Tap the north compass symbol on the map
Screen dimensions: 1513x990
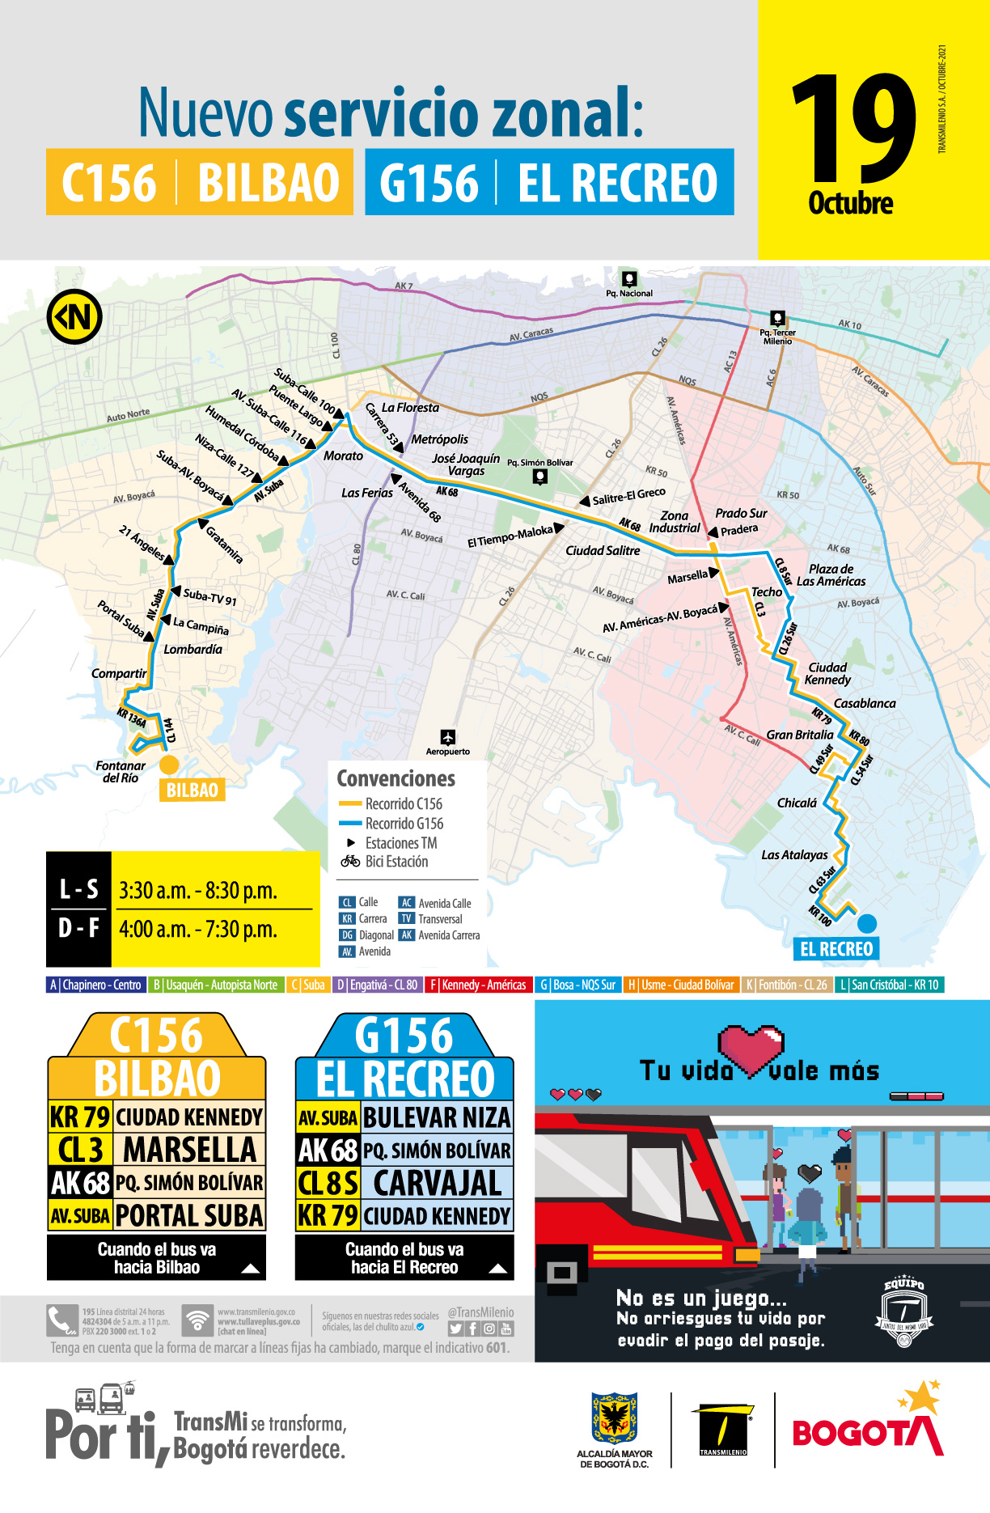coord(74,316)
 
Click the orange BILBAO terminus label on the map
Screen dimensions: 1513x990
coord(192,790)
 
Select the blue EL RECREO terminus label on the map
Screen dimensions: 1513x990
coord(836,949)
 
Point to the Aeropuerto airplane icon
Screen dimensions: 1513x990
coord(448,737)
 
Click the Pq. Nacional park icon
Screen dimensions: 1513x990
coord(628,278)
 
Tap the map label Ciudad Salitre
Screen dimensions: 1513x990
coord(603,551)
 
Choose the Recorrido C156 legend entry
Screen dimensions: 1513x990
coord(391,804)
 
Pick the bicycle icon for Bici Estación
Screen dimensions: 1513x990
coord(350,862)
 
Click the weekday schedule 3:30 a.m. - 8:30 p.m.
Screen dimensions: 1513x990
coord(198,891)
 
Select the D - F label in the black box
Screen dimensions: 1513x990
coord(78,928)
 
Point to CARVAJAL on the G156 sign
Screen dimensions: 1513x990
coord(437,1183)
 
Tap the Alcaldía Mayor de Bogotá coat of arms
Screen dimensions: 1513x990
coord(615,1418)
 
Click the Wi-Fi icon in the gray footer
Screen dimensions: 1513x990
coord(197,1320)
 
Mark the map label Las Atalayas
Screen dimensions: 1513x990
coord(794,855)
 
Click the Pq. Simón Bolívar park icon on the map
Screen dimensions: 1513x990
coord(539,477)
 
